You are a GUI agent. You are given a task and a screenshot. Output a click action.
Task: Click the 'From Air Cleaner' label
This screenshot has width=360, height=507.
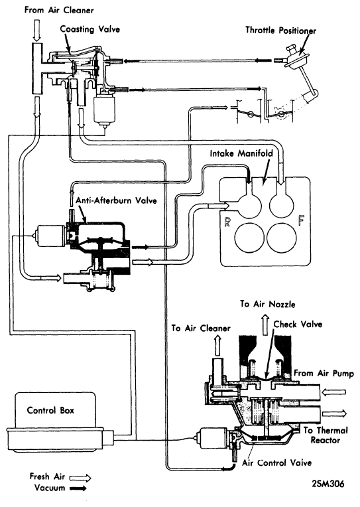[59, 11]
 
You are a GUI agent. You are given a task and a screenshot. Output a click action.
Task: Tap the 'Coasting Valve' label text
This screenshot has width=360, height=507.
[90, 29]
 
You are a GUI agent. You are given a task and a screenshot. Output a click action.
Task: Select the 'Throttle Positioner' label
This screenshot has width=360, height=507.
[280, 31]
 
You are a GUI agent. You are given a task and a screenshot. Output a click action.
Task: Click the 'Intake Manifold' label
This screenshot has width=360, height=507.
[241, 153]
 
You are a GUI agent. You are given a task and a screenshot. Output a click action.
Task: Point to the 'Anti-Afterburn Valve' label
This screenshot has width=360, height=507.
[116, 201]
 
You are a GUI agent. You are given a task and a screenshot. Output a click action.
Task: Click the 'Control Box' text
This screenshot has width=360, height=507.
[50, 411]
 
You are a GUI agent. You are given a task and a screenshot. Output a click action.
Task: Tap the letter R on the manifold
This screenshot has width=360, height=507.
[227, 222]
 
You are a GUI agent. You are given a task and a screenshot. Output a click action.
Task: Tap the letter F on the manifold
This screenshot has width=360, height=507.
[301, 220]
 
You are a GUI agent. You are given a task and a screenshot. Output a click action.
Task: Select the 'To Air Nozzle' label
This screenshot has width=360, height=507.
[268, 304]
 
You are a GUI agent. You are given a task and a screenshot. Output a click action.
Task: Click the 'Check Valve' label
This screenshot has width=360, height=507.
[298, 325]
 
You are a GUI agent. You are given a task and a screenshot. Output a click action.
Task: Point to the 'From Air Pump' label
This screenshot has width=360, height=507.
[324, 374]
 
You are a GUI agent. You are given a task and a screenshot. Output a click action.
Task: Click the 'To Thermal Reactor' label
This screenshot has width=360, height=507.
[326, 435]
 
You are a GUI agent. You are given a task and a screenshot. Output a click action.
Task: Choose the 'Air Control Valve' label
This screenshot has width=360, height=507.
[277, 463]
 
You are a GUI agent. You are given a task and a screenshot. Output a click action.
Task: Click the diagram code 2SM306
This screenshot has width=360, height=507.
[328, 484]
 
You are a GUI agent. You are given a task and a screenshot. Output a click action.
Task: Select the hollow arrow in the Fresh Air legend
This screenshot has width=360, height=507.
[80, 478]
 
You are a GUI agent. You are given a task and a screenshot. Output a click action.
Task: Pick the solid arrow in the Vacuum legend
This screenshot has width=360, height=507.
[78, 488]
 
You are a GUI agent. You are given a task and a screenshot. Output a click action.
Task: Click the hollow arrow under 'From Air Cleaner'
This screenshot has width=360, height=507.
[37, 31]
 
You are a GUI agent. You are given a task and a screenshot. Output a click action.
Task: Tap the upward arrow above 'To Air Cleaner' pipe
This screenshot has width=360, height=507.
[217, 345]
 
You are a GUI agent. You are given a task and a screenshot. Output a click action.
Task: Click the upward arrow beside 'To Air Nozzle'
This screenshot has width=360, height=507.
[265, 325]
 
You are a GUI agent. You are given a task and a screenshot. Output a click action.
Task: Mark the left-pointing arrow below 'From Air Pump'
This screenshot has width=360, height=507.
[334, 392]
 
